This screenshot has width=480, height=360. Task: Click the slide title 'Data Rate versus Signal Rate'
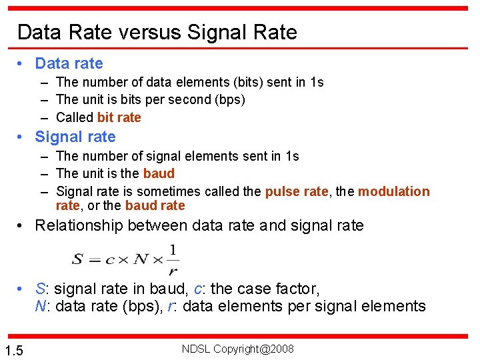click(x=157, y=32)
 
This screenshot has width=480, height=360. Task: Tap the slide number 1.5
click(x=14, y=351)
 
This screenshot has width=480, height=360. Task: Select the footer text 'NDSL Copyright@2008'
click(x=237, y=349)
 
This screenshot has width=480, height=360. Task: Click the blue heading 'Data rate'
click(x=69, y=63)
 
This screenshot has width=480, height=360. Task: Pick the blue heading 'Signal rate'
click(x=75, y=137)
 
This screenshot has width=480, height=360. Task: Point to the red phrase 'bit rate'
click(x=119, y=117)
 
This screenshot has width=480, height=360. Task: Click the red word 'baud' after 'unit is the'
click(x=159, y=173)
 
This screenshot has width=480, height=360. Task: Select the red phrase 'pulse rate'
click(x=297, y=191)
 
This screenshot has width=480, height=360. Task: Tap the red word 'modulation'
click(x=394, y=191)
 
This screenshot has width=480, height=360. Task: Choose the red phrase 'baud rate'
click(x=155, y=205)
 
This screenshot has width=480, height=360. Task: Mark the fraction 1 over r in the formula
click(x=173, y=259)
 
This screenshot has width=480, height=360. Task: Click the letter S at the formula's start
click(x=77, y=259)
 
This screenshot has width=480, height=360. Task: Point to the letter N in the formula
click(x=139, y=259)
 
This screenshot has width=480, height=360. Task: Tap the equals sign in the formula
click(x=92, y=260)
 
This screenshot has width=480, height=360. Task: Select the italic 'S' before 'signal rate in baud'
click(x=41, y=289)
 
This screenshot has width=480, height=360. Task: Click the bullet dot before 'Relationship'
click(x=21, y=225)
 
